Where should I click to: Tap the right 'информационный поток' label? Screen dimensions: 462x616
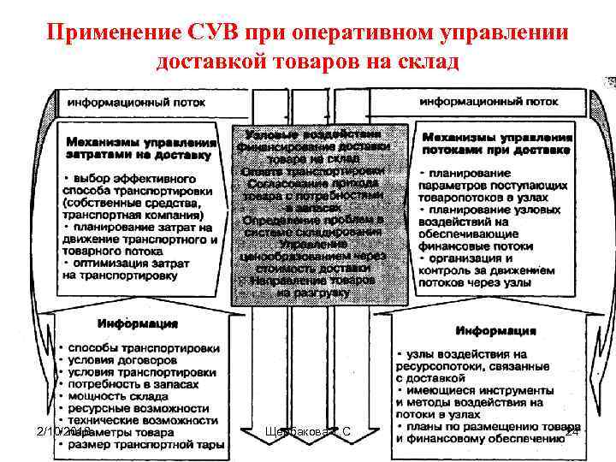coord(489,101)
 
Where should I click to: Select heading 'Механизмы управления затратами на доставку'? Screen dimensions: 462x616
coord(139,148)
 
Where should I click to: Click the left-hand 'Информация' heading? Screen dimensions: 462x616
coord(138,324)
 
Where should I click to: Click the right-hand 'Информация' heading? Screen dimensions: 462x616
coord(495,329)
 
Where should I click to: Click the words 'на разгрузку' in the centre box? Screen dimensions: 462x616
coord(312,293)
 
